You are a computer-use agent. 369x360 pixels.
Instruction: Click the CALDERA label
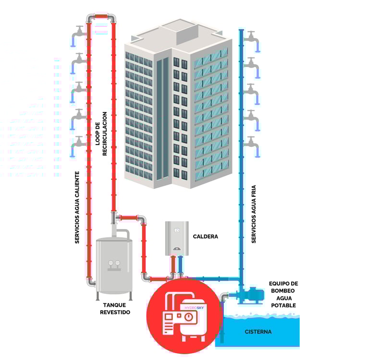(x=205, y=237)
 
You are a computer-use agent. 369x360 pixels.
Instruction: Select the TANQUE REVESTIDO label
(x=115, y=308)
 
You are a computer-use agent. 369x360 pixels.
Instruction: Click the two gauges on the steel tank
(x=114, y=263)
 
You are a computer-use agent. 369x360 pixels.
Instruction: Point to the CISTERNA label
(x=258, y=332)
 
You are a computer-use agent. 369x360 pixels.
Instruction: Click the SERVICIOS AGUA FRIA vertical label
(x=254, y=211)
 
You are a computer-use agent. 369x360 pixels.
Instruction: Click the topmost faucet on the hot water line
(x=79, y=34)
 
